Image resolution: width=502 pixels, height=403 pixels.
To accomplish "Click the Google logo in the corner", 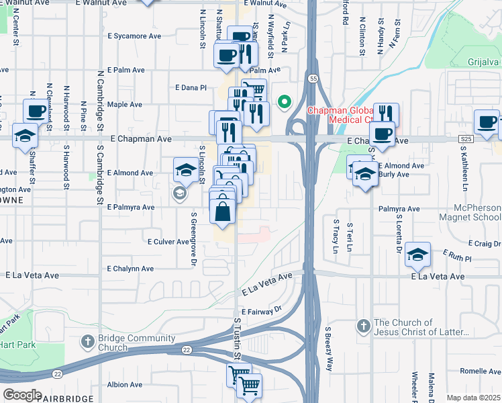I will [22, 394].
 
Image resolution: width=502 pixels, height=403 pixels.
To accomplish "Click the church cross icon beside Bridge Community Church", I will [87, 342].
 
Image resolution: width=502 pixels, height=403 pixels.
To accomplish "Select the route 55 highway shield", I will [313, 79].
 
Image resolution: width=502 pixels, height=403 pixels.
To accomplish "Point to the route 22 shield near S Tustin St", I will [187, 349].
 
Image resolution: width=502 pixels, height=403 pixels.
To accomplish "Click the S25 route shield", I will [467, 139].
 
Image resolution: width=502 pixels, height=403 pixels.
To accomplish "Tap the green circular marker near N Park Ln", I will [284, 103].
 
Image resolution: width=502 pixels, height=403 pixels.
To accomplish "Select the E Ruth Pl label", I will [458, 255].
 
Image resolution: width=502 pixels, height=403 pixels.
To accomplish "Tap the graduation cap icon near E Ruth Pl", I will [417, 255].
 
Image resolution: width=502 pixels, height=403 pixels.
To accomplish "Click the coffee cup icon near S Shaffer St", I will [36, 111].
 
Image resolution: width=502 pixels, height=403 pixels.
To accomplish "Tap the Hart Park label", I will [15, 344].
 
